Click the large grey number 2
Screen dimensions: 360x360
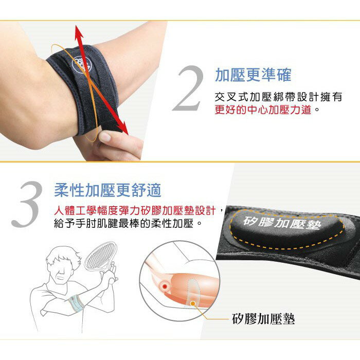[188, 88]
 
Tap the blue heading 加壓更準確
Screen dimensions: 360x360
[253, 75]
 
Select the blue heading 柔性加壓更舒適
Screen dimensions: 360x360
[107, 190]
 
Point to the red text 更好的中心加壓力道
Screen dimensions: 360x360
[263, 110]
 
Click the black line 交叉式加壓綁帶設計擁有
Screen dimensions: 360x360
[279, 97]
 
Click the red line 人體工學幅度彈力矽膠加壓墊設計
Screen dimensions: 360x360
[135, 210]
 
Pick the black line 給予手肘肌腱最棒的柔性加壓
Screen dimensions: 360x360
[123, 223]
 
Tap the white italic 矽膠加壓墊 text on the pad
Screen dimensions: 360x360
[282, 223]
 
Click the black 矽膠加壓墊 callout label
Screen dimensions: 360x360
[263, 319]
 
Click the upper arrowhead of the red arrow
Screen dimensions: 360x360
[79, 33]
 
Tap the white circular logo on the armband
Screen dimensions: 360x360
[82, 64]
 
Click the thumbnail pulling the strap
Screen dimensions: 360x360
[105, 137]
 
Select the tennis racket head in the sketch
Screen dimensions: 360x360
[101, 255]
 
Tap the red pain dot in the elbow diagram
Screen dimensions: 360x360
[165, 286]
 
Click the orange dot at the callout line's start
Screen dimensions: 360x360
[193, 303]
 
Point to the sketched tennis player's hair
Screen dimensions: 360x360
[63, 255]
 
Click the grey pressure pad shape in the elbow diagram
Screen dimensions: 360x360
[194, 292]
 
